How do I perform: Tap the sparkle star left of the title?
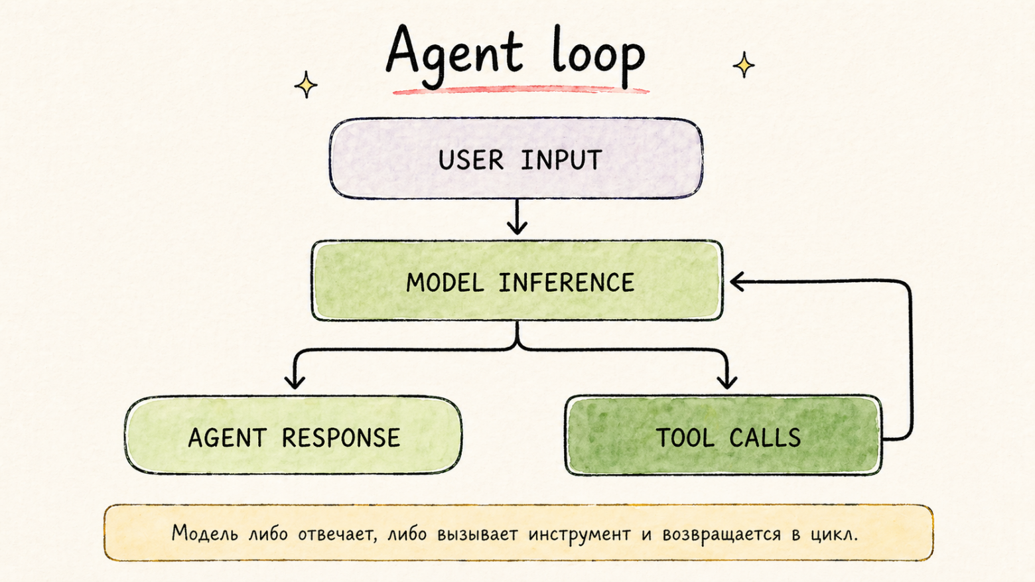coord(306,85)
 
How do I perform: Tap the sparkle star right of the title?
coord(744,65)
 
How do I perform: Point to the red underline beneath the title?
coord(520,90)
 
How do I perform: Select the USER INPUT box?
coord(516,159)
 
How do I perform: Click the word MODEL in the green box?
coord(445,283)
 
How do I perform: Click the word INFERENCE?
coord(567,283)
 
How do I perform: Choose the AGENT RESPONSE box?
coord(293,436)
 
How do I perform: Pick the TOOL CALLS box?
coord(723,436)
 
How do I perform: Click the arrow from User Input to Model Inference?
coord(517,218)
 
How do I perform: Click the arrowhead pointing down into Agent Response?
coord(295,381)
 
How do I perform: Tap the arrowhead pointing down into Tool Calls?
coord(727,381)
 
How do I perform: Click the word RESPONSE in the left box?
coord(341,438)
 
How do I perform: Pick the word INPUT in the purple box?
coord(561,161)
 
